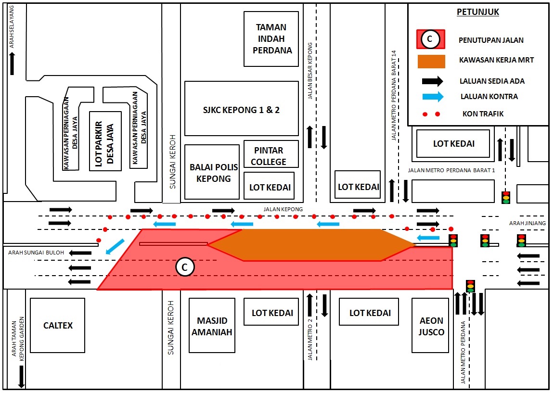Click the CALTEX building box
(57, 325)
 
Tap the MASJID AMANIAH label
(212, 326)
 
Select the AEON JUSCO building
(431, 326)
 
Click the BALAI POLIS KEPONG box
(212, 172)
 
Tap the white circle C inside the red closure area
(184, 266)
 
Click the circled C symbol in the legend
(430, 39)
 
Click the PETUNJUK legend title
(477, 13)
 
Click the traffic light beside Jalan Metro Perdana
(470, 286)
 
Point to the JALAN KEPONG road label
(283, 209)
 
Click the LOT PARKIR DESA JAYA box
(105, 141)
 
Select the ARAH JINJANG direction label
(528, 223)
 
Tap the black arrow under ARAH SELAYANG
(12, 63)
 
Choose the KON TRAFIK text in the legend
(482, 114)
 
